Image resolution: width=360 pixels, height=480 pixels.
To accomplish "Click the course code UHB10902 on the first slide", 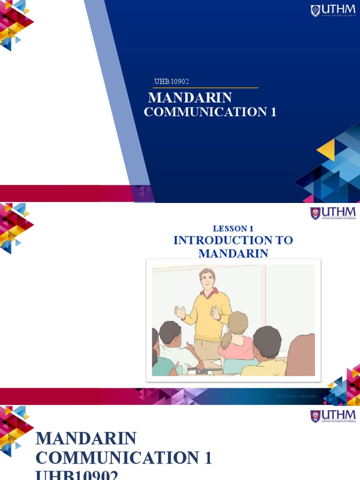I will coord(172,82).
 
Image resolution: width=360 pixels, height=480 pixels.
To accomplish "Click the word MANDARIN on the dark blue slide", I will coord(190,97).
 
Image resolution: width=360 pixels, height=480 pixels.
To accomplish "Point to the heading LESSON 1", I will coord(233,229).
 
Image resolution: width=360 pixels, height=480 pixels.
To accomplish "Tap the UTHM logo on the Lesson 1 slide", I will coord(333,213).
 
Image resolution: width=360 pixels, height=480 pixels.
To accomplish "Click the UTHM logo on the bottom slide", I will coord(333,416).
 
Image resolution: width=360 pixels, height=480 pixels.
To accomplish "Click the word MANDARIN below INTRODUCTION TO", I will coord(233,254).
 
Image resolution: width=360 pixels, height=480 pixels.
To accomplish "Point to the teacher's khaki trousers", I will coord(206,349).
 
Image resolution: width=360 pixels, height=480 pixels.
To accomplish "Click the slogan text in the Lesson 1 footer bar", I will coord(297,397).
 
